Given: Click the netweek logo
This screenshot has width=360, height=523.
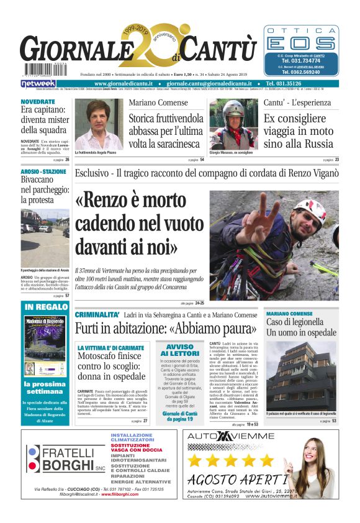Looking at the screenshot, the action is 38,83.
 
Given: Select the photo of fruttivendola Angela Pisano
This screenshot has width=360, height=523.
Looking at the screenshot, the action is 99,124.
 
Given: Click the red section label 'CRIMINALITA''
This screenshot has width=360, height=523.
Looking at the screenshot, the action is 97,315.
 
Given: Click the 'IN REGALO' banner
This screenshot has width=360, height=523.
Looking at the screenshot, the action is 47,307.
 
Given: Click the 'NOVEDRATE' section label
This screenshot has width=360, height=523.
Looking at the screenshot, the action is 38,101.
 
